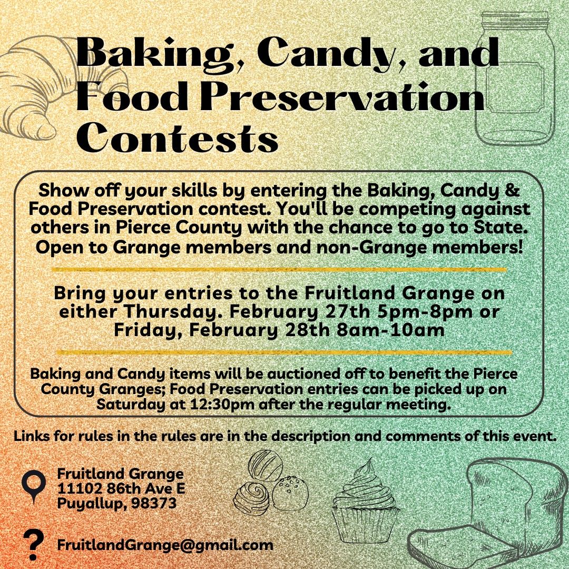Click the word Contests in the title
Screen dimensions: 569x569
point(177,138)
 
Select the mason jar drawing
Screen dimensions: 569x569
point(515,78)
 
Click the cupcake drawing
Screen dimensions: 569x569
point(366,501)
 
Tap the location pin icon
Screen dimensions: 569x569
point(34,487)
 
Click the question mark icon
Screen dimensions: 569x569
point(33,544)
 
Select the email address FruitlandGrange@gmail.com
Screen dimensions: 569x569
point(165,545)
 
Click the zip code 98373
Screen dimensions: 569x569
point(154,503)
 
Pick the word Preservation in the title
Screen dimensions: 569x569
point(342,96)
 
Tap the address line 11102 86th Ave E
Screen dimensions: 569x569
point(121,488)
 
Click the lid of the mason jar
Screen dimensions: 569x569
point(515,19)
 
